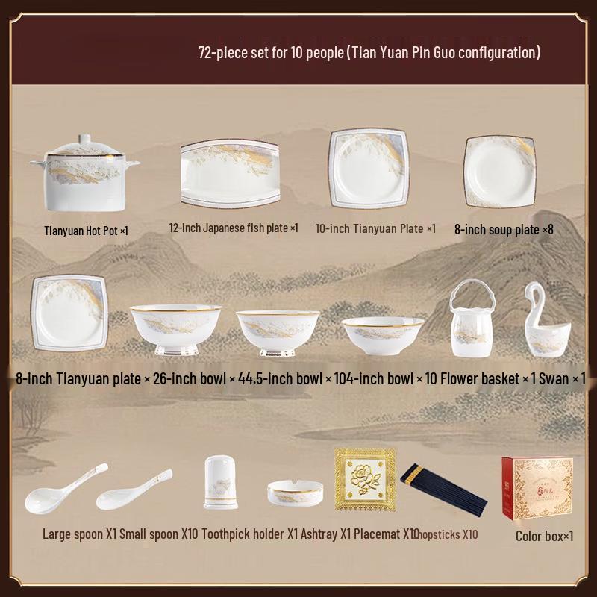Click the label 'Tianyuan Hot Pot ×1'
coord(87,231)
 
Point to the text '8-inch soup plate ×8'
coord(504,229)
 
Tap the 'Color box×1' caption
coord(545,535)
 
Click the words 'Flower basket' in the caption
coord(478,379)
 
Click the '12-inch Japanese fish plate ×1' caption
coord(234,228)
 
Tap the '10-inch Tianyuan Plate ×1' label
coord(375,228)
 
